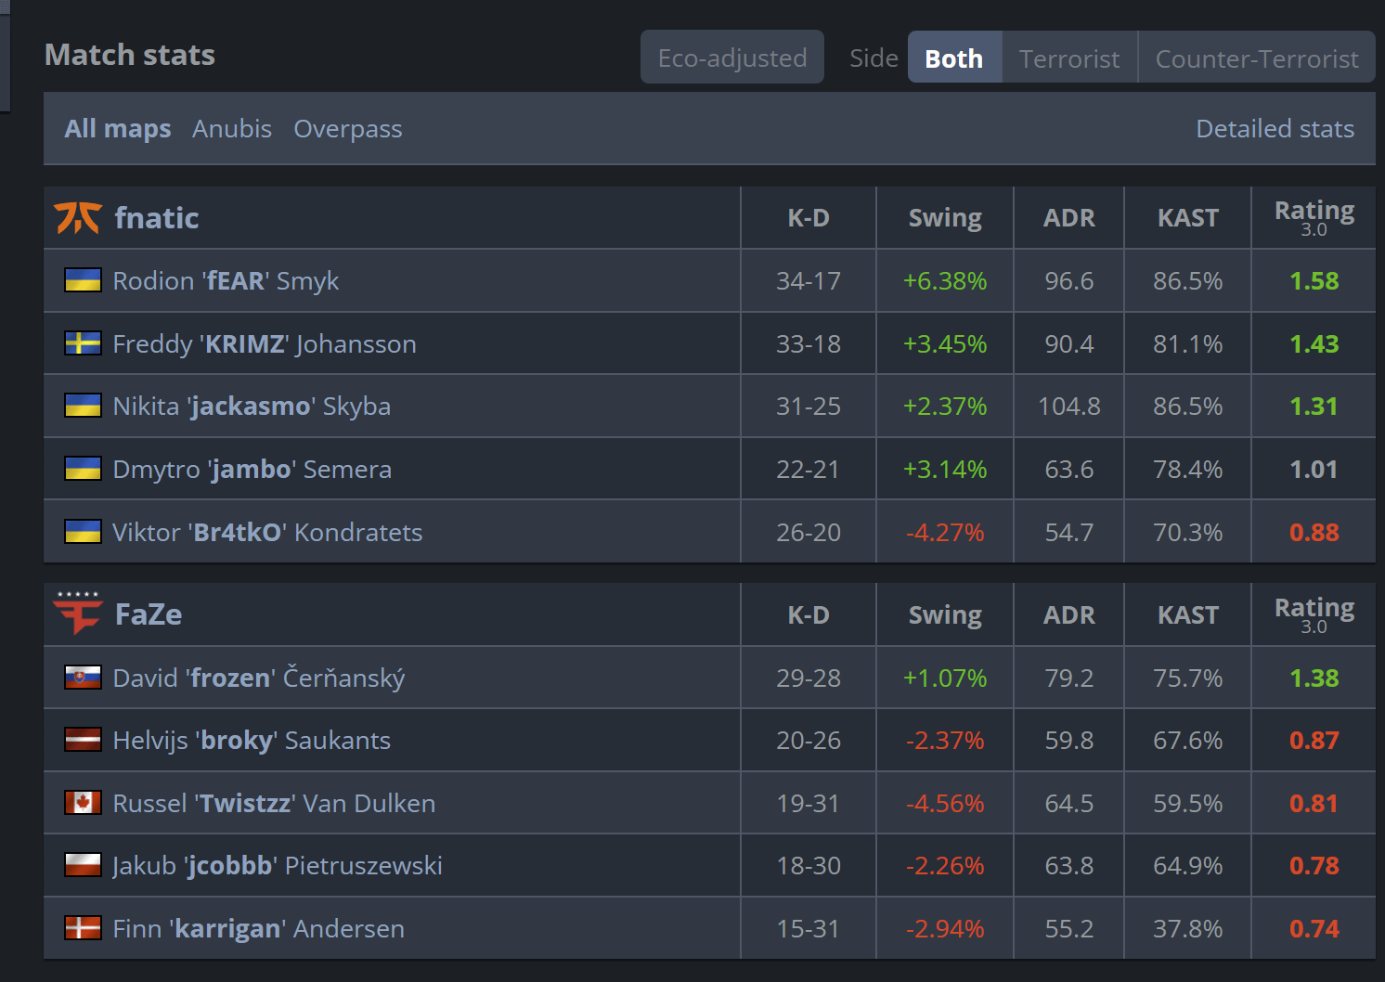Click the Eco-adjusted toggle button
tap(731, 58)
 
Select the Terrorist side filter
tap(1069, 58)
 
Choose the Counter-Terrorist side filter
tap(1256, 58)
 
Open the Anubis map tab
tap(232, 129)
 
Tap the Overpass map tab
tap(348, 129)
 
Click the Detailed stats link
tap(1275, 129)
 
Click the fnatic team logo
tap(78, 218)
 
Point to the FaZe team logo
tap(78, 614)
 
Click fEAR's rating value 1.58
tap(1314, 281)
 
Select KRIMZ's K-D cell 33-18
tap(808, 344)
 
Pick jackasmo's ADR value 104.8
tap(1068, 407)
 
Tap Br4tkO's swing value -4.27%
tap(944, 533)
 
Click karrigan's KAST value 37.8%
tap(1187, 929)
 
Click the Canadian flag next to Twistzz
tap(83, 803)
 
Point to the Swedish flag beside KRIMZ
tap(83, 344)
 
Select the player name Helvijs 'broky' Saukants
tap(252, 741)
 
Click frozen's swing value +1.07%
tap(944, 678)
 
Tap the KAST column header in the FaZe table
tap(1187, 615)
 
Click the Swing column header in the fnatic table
tap(944, 218)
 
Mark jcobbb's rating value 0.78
tap(1314, 866)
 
